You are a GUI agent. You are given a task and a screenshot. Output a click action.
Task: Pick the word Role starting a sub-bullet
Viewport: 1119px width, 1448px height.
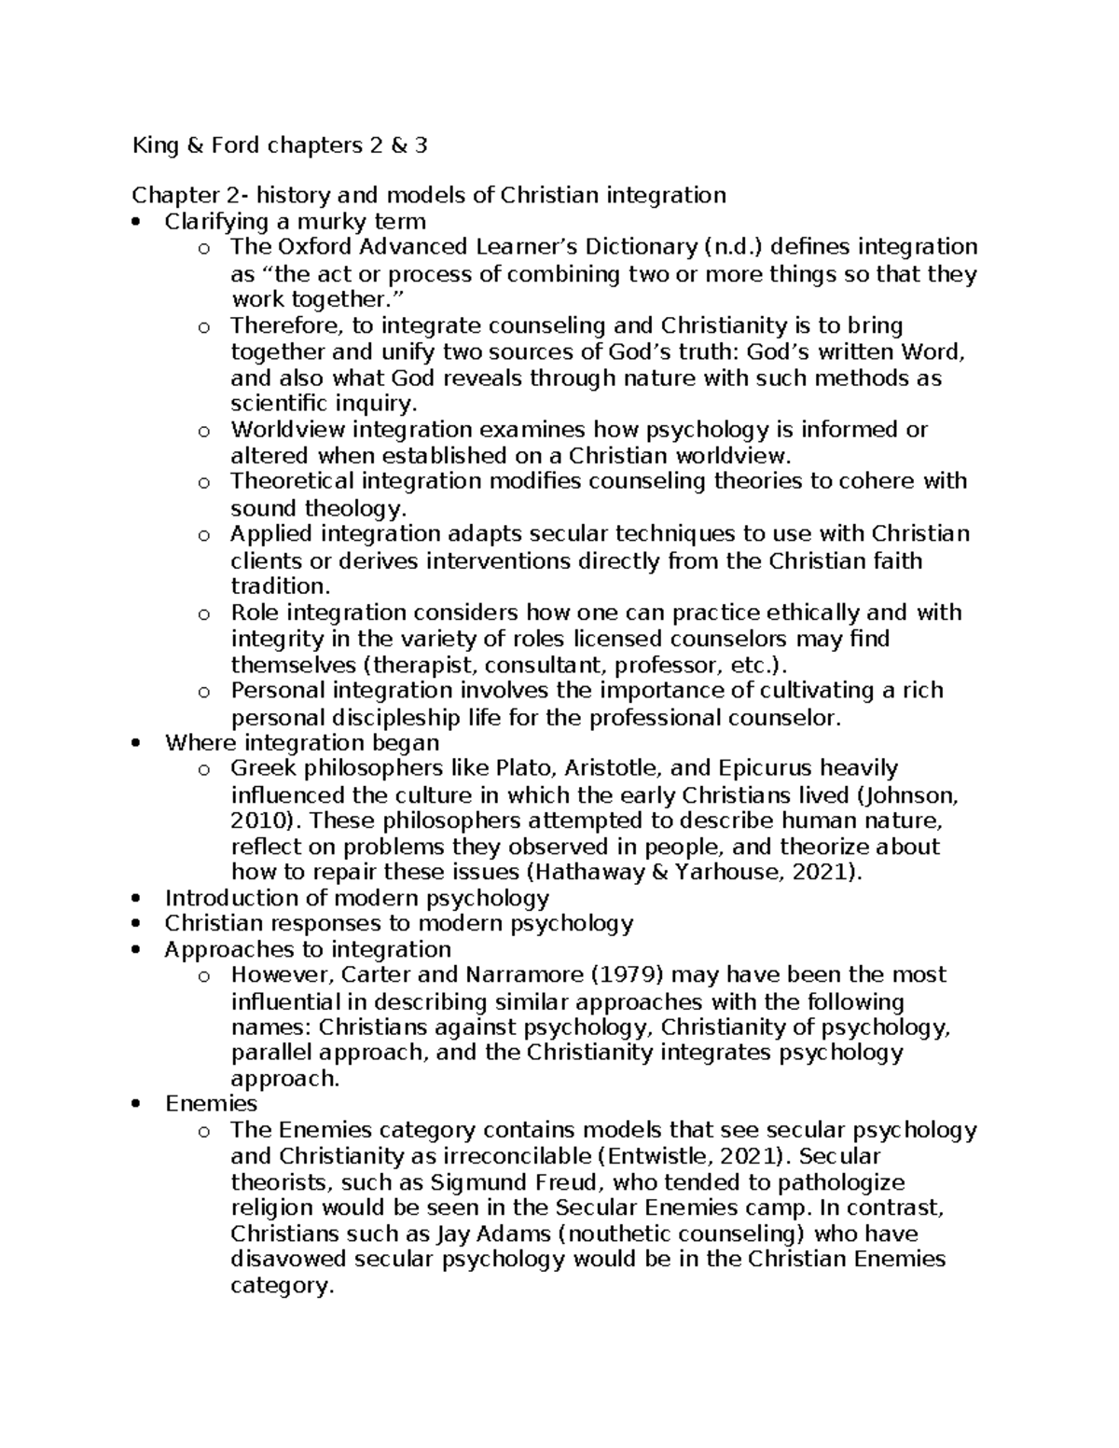coord(255,613)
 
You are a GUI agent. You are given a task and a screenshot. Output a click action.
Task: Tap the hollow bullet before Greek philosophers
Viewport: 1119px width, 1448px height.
coord(204,770)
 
